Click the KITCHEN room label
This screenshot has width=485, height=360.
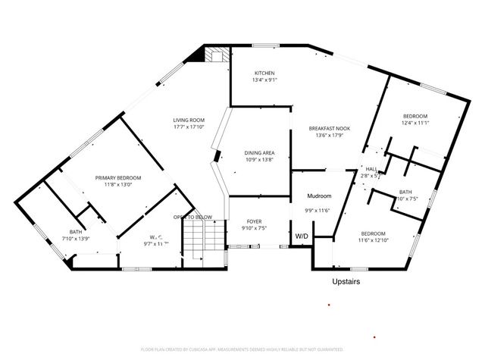263,73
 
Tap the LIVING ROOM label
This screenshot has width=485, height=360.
188,120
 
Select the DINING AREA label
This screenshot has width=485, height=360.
258,152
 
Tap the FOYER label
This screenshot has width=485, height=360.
254,221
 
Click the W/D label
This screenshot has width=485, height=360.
302,236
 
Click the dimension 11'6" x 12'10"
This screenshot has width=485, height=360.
373,240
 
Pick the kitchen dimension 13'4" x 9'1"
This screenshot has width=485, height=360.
263,80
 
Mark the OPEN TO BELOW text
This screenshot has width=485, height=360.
191,217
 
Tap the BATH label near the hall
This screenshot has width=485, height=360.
405,192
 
